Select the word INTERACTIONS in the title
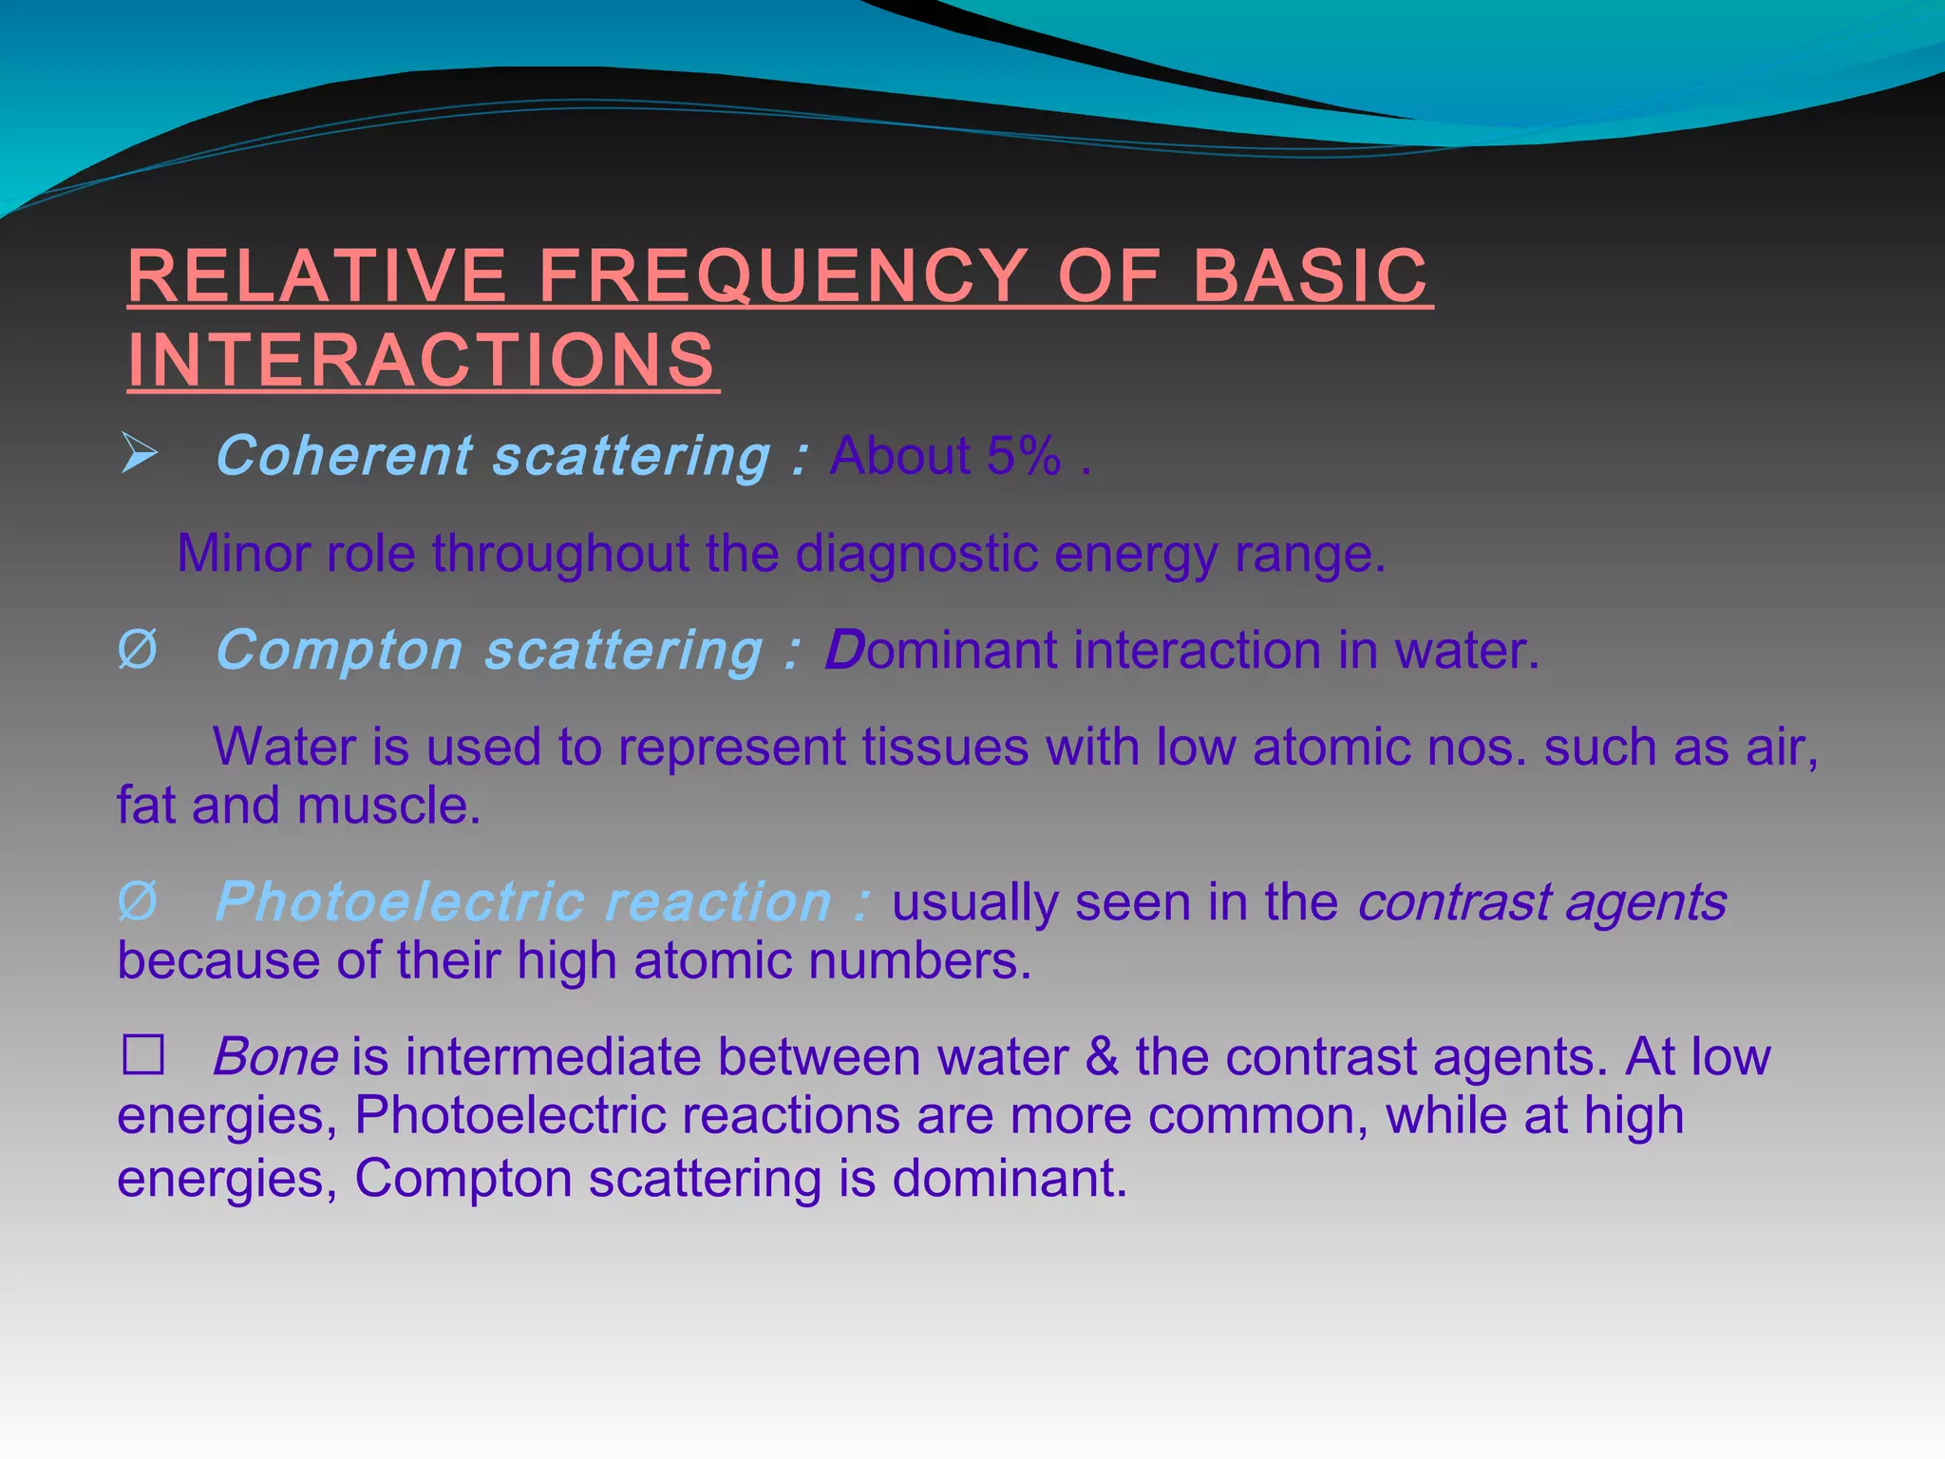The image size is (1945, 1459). tap(422, 361)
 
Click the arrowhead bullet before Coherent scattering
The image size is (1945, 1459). tap(139, 454)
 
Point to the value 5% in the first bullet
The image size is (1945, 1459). tap(1023, 456)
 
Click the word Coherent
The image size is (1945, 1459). tap(344, 456)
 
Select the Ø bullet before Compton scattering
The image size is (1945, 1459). tap(137, 652)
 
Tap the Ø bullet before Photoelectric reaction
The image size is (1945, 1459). tap(137, 901)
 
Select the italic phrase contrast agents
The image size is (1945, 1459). tap(1540, 901)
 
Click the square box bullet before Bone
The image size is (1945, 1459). tap(143, 1055)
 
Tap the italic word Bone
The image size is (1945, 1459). tap(275, 1057)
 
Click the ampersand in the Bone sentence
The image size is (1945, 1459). tap(1102, 1057)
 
